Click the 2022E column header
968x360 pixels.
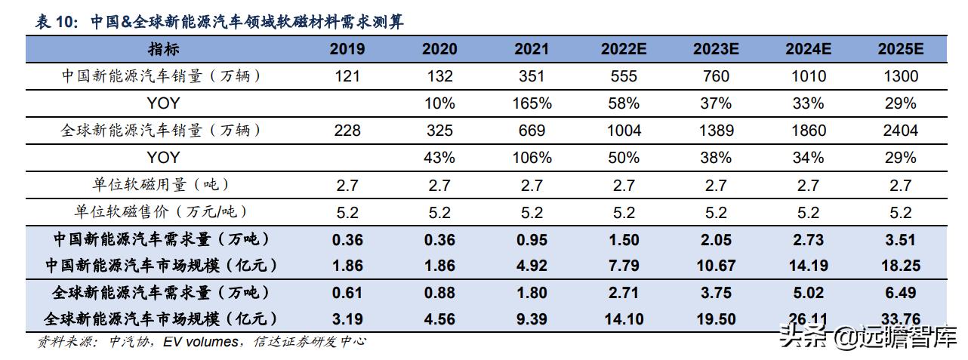coord(624,49)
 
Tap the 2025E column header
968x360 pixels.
coord(900,49)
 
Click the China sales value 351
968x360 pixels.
coord(531,76)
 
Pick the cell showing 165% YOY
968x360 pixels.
coord(532,103)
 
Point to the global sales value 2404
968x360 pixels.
coord(900,131)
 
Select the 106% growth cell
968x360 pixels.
coord(532,158)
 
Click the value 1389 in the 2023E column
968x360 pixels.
coord(716,131)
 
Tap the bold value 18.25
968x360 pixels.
coord(900,266)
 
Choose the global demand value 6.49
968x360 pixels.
coord(900,293)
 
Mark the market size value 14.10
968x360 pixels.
coord(624,319)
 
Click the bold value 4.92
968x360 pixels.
coord(532,266)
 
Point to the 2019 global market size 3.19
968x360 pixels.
coord(347,319)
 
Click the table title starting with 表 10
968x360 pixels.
coord(219,22)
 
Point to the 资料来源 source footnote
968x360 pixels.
coord(201,342)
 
